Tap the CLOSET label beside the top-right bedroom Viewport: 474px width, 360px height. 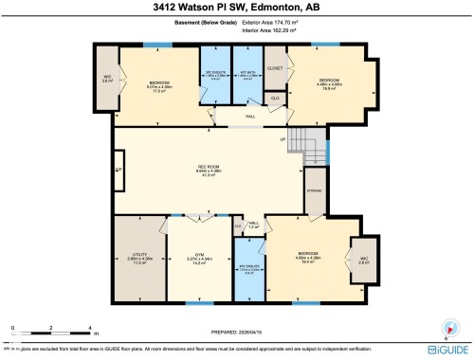point(276,68)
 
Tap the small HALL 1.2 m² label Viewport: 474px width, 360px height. point(254,225)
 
